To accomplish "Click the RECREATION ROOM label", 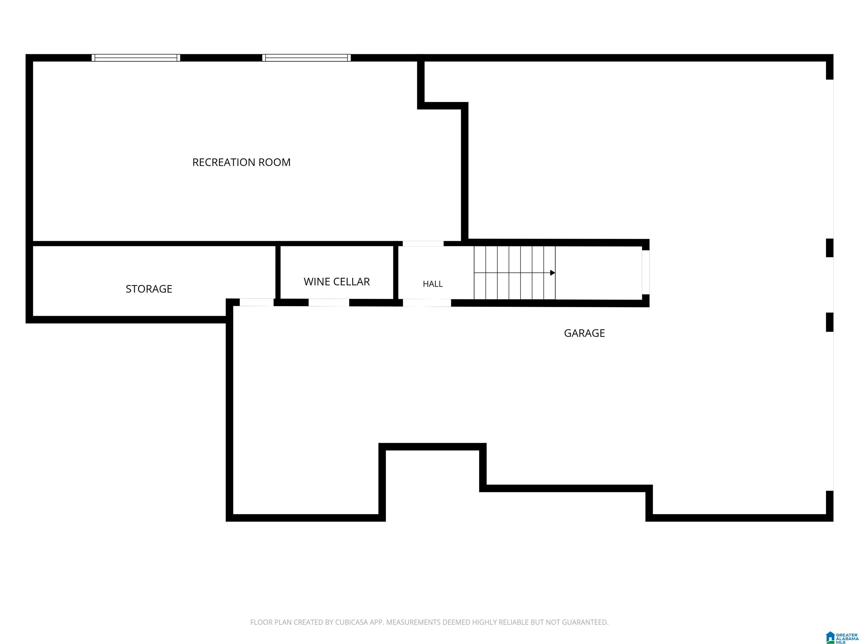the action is [241, 162].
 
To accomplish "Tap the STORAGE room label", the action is [149, 289].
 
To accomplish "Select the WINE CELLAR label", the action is [337, 281].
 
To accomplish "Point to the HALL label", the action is [433, 284].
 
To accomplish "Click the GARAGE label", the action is [584, 333].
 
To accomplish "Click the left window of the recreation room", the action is [136, 58].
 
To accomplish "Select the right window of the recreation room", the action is [306, 58].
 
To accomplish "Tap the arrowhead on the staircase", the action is [553, 273].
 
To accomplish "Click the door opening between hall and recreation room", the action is [423, 243].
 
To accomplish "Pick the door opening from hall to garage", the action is [427, 303].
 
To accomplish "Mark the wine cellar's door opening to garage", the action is [329, 303].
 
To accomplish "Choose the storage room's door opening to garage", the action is [257, 302].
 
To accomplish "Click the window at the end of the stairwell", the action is [645, 272].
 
